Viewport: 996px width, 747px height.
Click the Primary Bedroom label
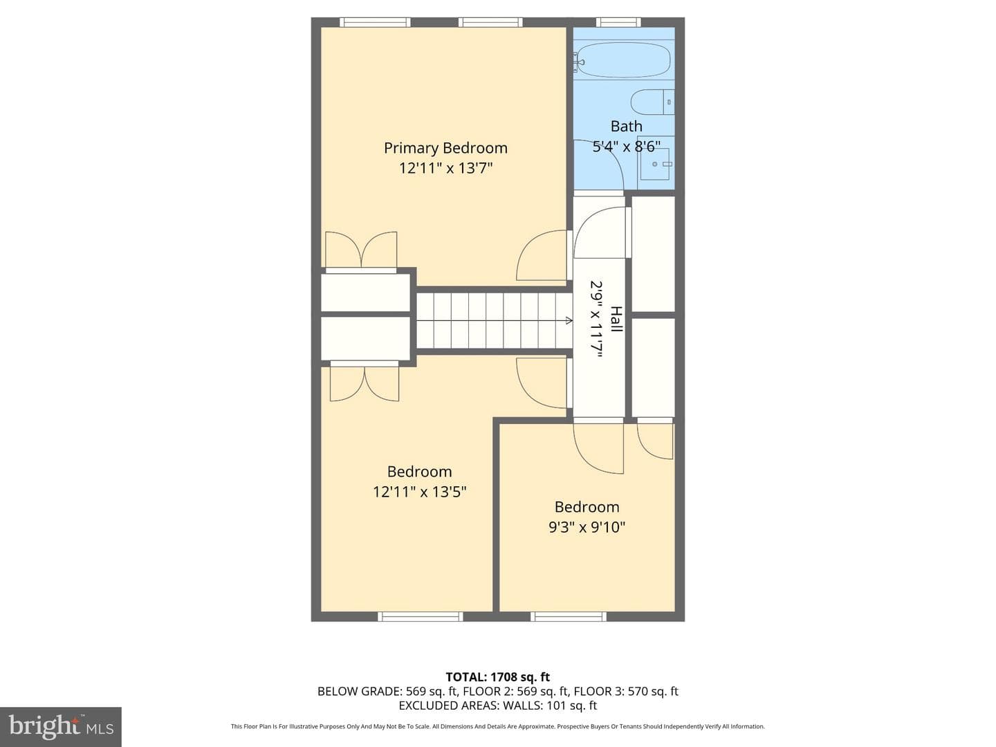(445, 148)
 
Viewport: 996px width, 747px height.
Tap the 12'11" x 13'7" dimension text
(445, 168)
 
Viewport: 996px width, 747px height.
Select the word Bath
(626, 126)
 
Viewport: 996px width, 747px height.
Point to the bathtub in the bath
(625, 60)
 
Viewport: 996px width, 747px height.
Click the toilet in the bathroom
(653, 102)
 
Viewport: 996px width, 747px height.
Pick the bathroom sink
(656, 163)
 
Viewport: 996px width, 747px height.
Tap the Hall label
(616, 319)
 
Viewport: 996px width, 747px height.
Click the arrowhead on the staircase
(569, 321)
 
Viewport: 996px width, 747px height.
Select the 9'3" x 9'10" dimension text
(587, 527)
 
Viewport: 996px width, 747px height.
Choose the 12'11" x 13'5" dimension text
(419, 492)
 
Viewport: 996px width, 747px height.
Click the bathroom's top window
(618, 22)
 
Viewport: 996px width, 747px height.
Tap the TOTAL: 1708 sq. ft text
(498, 677)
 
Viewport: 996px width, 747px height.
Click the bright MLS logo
(61, 726)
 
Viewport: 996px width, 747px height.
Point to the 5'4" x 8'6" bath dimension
(626, 146)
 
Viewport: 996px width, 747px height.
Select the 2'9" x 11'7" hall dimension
(596, 320)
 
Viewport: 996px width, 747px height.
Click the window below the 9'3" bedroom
(568, 616)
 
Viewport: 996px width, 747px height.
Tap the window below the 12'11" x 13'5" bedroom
(420, 616)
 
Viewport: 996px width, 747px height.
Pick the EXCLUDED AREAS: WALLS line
(498, 705)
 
